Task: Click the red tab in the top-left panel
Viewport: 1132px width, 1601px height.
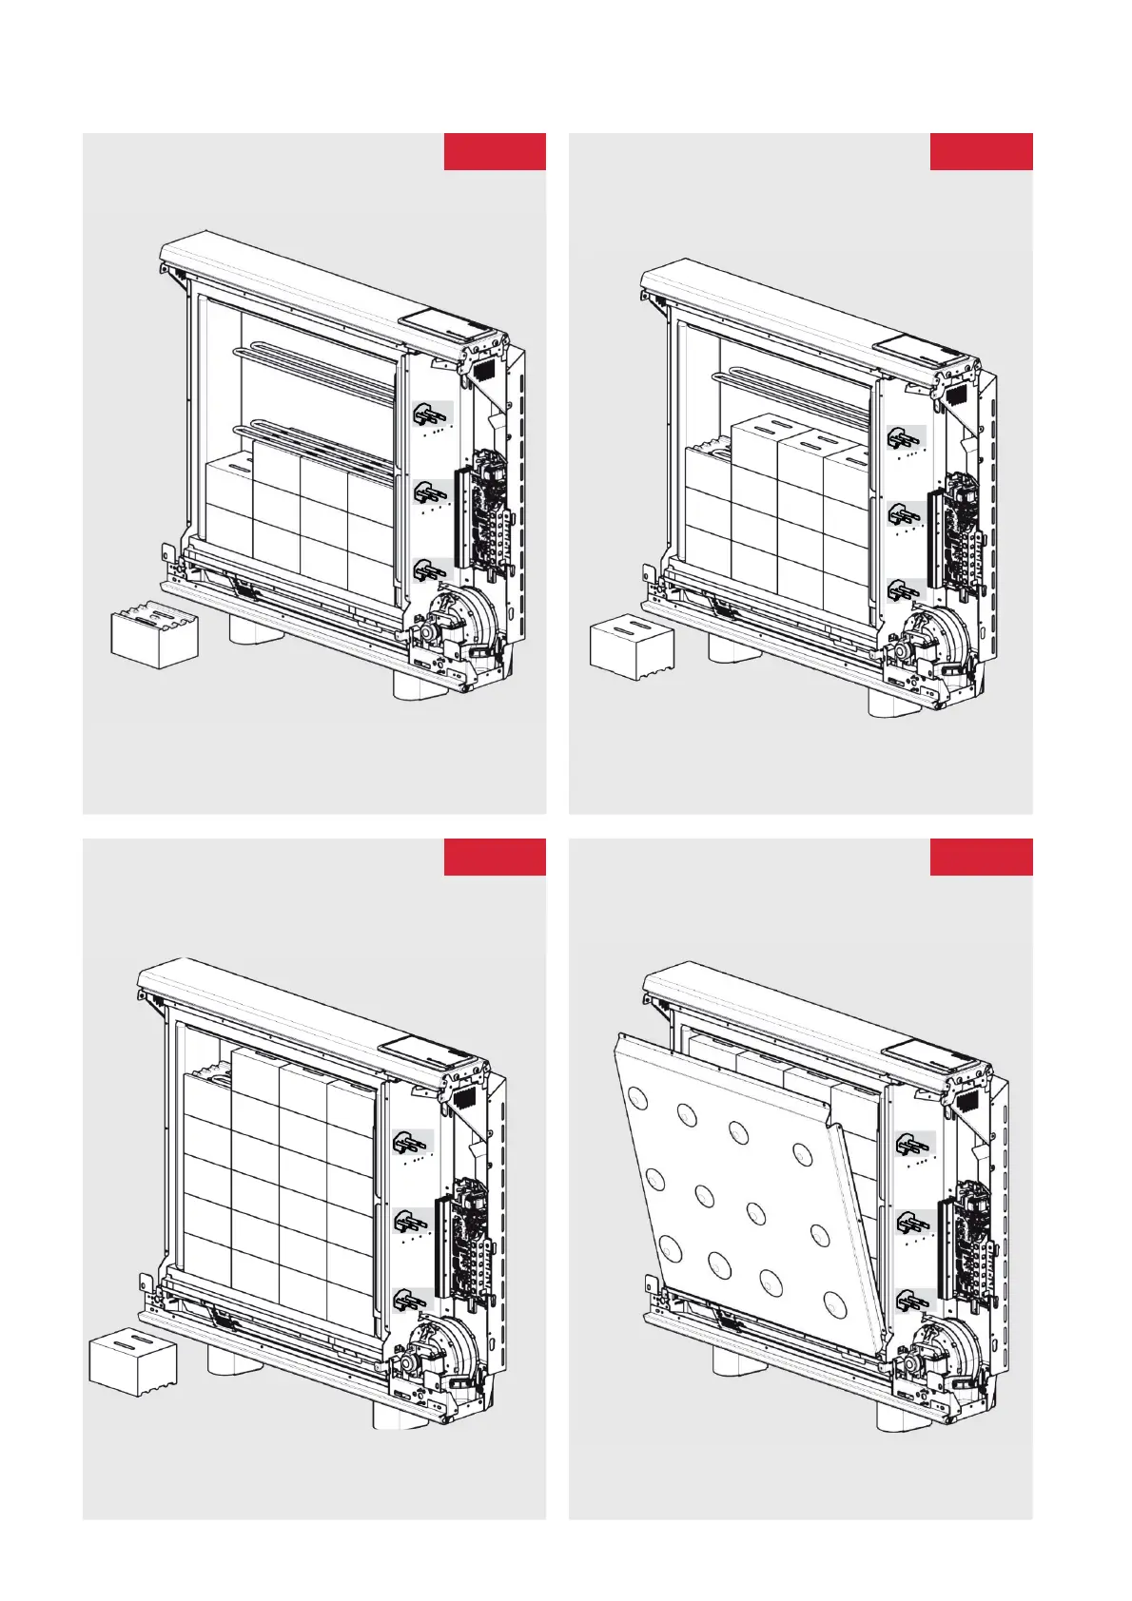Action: click(495, 152)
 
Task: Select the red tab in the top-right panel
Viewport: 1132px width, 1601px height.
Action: click(981, 152)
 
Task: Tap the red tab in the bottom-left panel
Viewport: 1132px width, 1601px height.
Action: click(495, 857)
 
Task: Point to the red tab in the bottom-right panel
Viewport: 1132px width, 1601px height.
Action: click(981, 857)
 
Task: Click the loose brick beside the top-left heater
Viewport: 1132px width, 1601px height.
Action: click(154, 637)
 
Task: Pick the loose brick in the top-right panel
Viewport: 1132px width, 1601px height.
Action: click(633, 648)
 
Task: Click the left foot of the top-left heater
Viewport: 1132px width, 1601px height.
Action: click(257, 629)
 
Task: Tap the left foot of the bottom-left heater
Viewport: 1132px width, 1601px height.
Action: click(234, 1358)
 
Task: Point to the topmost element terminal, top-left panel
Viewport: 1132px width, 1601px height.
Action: click(432, 415)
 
